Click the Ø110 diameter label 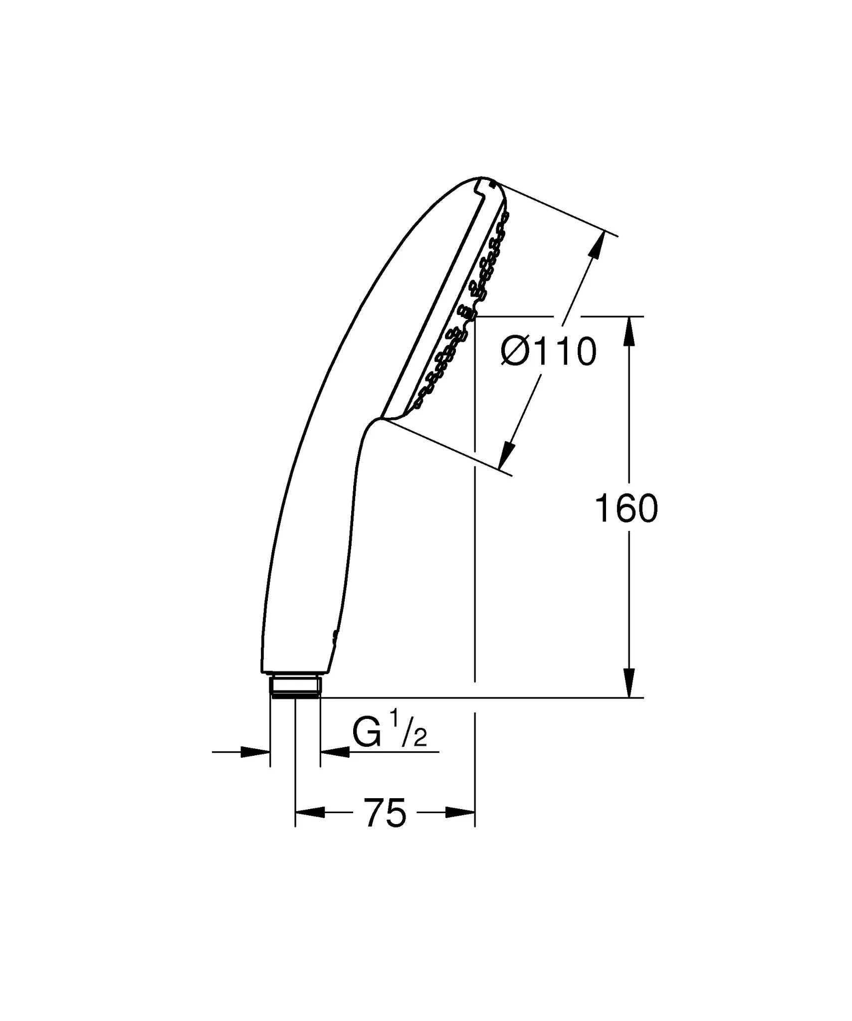pyautogui.click(x=549, y=351)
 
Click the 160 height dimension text pyautogui.click(x=627, y=509)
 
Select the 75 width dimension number pyautogui.click(x=385, y=828)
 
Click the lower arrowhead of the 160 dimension pyautogui.click(x=630, y=683)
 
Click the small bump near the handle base pyautogui.click(x=335, y=635)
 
